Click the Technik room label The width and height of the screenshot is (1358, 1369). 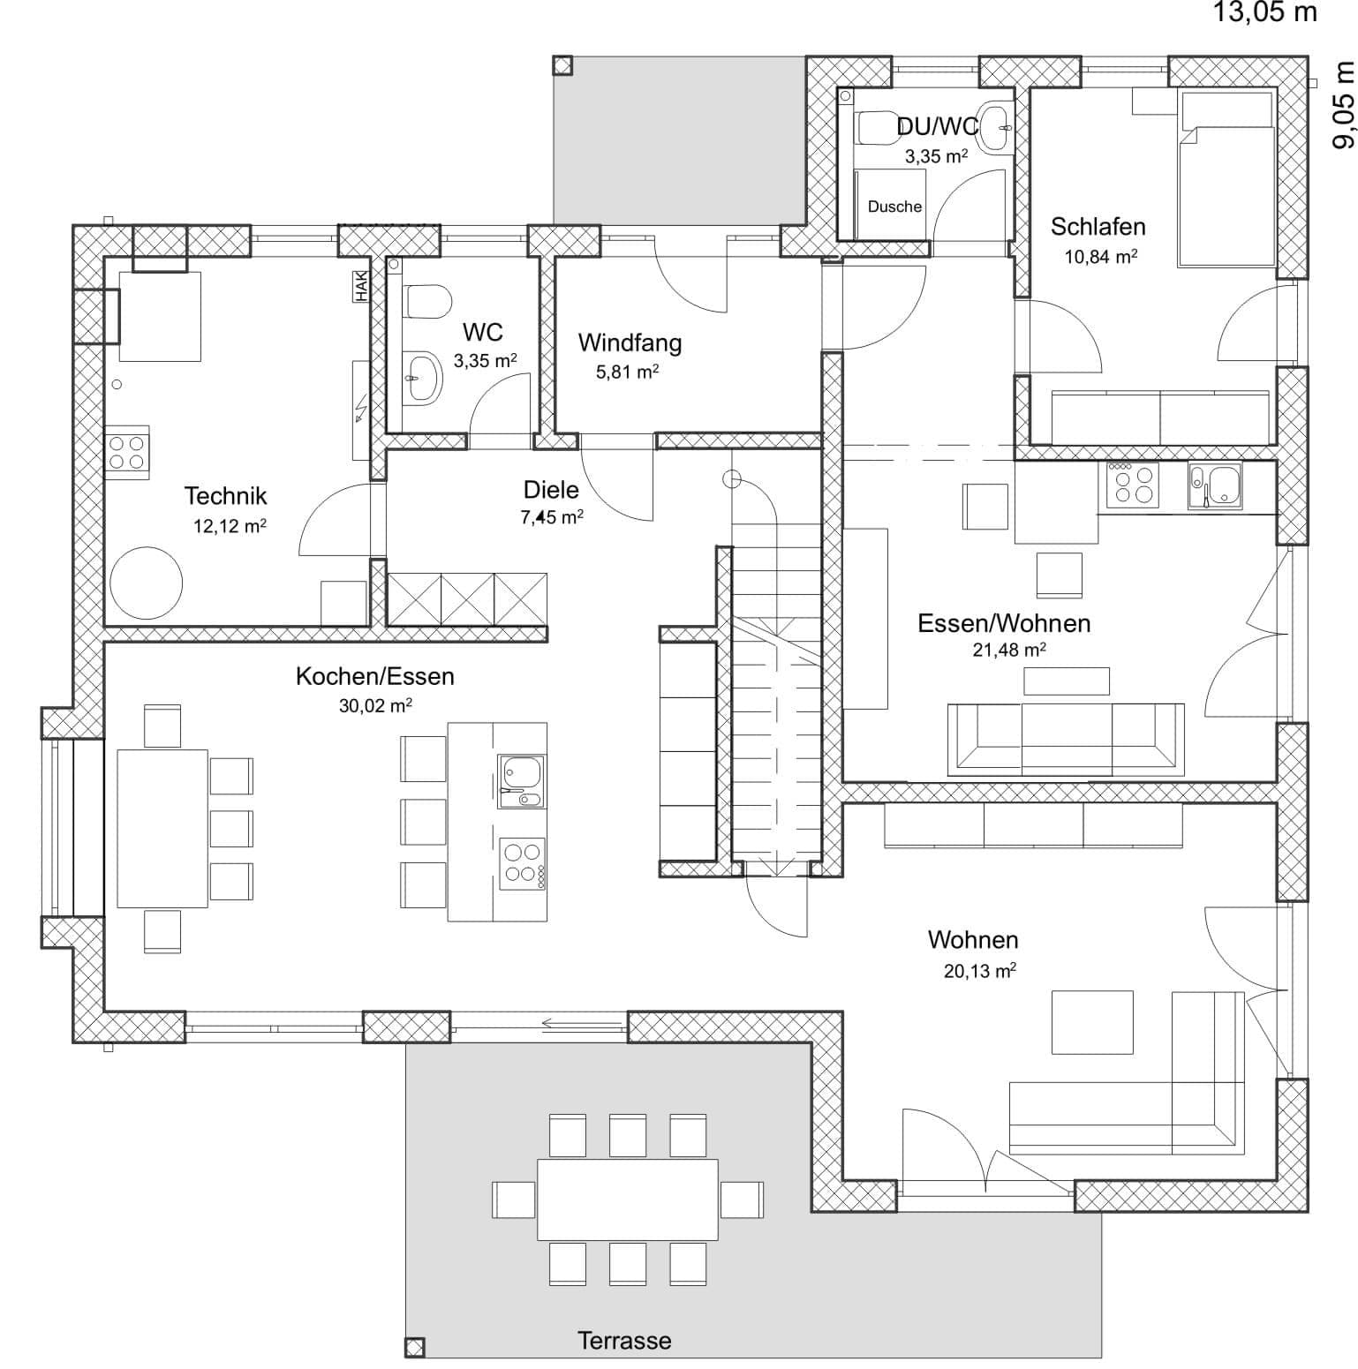(x=225, y=496)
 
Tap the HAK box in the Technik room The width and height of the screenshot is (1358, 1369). (x=361, y=286)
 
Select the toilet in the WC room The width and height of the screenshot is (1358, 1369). (x=426, y=302)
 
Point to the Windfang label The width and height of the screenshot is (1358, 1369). (x=630, y=342)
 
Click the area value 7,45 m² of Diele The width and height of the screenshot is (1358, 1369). (x=551, y=517)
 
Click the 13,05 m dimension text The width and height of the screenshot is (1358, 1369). (x=1264, y=12)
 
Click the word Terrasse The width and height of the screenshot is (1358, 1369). (x=624, y=1341)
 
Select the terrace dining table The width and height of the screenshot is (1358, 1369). (x=627, y=1200)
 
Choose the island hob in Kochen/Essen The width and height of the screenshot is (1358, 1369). (x=522, y=862)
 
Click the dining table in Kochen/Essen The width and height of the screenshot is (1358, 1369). (x=162, y=828)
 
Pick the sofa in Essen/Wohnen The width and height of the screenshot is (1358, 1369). (x=1065, y=738)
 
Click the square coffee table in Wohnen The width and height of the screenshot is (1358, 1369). (x=1091, y=1022)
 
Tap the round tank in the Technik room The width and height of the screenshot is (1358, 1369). (x=146, y=583)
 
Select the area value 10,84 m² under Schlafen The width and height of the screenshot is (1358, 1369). (x=1100, y=257)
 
